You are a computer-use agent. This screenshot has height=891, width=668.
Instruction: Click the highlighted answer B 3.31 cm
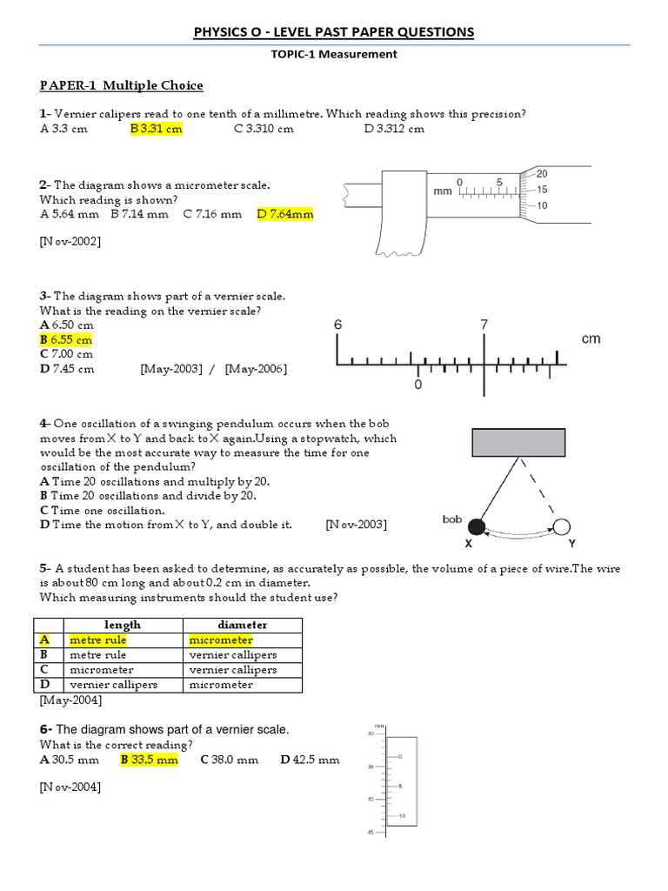point(157,129)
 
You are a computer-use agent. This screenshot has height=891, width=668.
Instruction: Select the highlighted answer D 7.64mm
point(285,214)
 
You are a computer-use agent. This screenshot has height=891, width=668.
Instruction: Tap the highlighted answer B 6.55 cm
point(66,339)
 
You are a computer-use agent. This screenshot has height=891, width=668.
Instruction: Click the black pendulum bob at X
point(476,526)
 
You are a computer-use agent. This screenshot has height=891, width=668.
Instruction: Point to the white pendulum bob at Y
point(562,526)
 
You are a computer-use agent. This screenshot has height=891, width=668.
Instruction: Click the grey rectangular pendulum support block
point(518,442)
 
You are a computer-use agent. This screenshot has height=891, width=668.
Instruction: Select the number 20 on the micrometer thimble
point(542,173)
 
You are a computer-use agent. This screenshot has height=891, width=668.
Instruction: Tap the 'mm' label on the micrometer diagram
point(443,191)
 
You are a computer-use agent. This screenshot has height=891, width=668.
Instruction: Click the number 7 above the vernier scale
point(484,325)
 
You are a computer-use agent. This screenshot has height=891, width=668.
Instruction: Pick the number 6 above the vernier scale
point(338,325)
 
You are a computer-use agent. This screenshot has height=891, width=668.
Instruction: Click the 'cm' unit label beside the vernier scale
point(591,338)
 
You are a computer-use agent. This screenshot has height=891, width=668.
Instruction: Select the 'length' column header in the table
point(122,625)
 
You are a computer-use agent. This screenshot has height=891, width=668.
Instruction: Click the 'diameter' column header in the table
point(242,625)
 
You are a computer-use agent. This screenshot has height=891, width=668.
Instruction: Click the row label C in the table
point(43,670)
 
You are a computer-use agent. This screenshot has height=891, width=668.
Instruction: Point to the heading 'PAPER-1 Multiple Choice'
point(121,85)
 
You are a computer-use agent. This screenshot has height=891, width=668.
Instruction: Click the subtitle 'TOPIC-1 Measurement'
point(335,54)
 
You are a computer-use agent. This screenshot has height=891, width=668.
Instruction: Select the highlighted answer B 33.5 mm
point(149,760)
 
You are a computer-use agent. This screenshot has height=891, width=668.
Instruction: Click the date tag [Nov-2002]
point(70,241)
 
